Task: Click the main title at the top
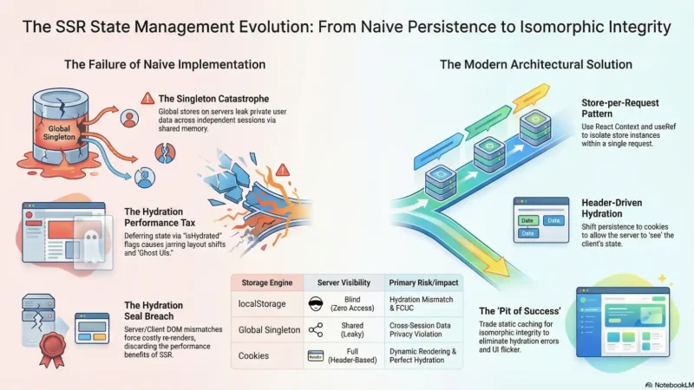pos(347,27)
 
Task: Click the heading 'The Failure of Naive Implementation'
pos(164,64)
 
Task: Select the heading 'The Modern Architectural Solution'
pos(535,64)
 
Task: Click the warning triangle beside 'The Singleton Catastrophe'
pos(147,98)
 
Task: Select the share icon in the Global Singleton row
pos(315,328)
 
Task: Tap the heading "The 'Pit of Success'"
pos(513,310)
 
